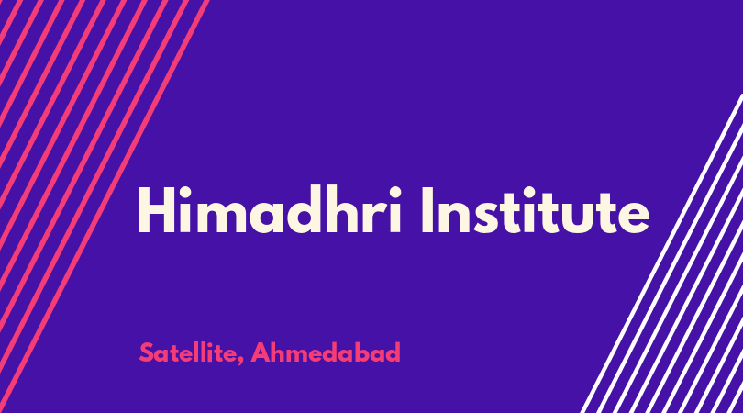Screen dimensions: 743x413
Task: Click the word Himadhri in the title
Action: click(x=270, y=210)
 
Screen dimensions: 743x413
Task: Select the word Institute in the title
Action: click(x=536, y=211)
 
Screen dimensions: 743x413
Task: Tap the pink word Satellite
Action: click(x=188, y=352)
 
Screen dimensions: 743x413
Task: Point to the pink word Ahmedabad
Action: click(x=326, y=352)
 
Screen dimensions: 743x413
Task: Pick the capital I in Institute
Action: click(x=427, y=210)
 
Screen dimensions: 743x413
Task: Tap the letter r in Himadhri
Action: click(x=376, y=217)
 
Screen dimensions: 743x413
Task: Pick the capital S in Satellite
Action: click(x=147, y=352)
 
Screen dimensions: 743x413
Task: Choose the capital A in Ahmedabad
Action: click(x=261, y=352)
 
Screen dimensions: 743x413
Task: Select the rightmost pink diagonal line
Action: click(x=104, y=206)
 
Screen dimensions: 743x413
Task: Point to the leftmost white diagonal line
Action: click(x=661, y=253)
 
